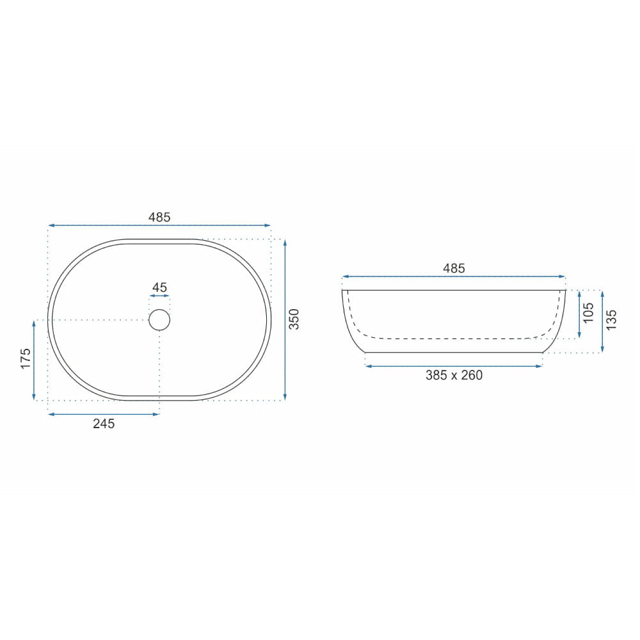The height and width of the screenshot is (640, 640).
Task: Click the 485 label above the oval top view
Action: tap(159, 217)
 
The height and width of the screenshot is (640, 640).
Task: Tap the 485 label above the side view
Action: tap(454, 268)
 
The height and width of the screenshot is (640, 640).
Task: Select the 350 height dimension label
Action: tap(294, 319)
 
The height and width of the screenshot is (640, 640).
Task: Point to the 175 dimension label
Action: tap(26, 358)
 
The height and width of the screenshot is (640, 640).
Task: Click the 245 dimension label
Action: tap(104, 424)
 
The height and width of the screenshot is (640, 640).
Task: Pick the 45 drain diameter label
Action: tap(159, 287)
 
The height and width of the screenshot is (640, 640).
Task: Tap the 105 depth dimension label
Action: tap(589, 313)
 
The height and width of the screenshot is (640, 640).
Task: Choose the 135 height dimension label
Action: tap(611, 320)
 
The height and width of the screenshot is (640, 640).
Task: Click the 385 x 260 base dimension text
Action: tap(454, 375)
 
